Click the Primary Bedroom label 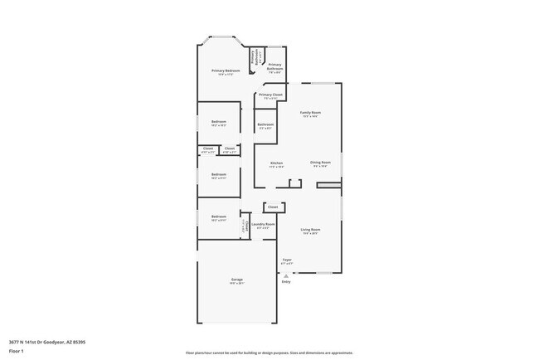[226, 71]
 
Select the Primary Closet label [270, 95]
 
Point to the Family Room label [310, 112]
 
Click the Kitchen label [276, 163]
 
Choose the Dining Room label [320, 163]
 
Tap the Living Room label [310, 230]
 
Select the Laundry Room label [264, 224]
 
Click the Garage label [236, 280]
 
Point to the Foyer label [286, 260]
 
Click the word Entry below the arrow [286, 282]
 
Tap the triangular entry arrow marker [286, 275]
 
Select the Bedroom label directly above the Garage [218, 217]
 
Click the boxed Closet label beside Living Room [273, 207]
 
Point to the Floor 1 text [17, 351]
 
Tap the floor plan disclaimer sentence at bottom [269, 353]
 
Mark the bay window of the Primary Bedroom [221, 37]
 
